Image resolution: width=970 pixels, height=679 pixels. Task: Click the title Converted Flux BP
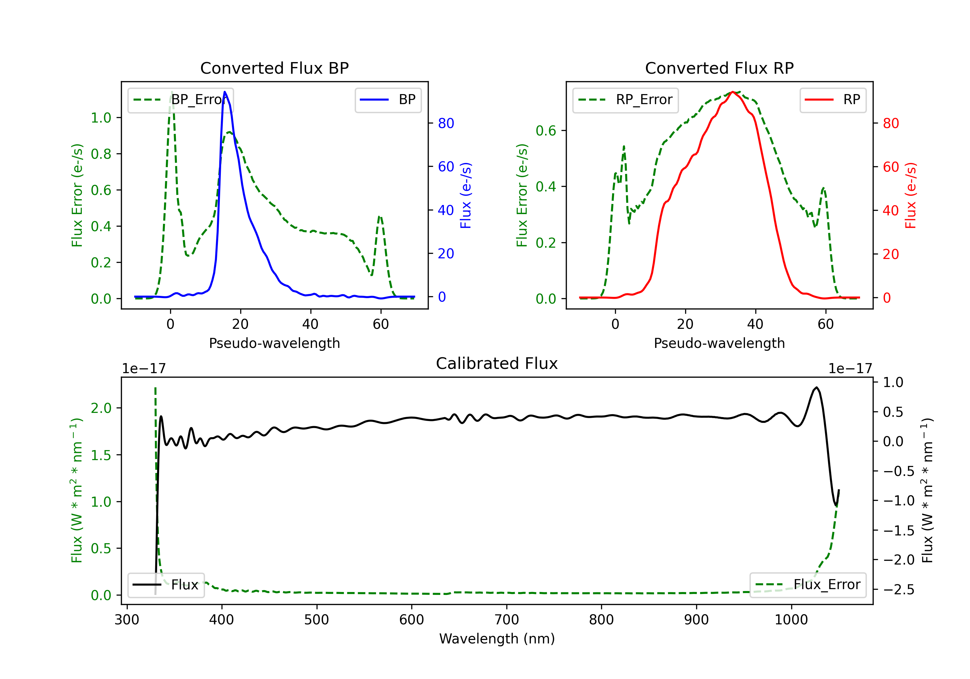(274, 68)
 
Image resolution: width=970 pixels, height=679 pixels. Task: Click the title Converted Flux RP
(719, 68)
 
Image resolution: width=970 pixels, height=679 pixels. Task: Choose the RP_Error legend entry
(625, 100)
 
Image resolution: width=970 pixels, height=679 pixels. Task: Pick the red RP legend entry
(833, 100)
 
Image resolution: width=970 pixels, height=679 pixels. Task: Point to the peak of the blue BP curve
(225, 92)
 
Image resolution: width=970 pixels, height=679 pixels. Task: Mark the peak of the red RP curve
(733, 92)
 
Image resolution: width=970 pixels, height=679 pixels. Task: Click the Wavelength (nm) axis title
(497, 639)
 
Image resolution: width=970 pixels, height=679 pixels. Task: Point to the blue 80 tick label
(446, 124)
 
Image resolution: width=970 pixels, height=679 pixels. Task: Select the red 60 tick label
(890, 167)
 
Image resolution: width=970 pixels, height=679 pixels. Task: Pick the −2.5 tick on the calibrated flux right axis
(899, 589)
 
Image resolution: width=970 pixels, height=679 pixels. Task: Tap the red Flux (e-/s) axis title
(911, 195)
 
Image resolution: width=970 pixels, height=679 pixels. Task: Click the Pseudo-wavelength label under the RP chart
(719, 343)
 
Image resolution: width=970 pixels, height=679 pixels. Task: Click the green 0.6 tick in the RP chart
(546, 131)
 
